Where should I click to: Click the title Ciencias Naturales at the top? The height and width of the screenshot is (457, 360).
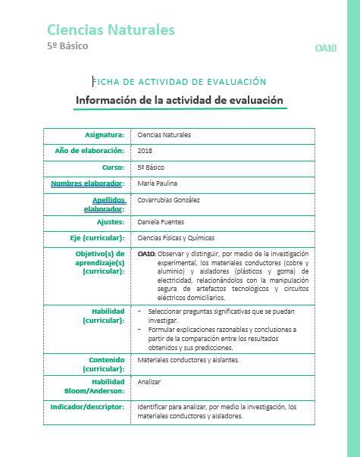tap(111, 30)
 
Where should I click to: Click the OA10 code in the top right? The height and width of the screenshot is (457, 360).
tap(325, 48)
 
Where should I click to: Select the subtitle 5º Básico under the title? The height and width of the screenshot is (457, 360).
tap(67, 45)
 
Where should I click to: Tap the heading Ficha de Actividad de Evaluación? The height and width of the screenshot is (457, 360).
tap(180, 81)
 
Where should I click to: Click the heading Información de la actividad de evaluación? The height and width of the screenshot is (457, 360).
tap(180, 100)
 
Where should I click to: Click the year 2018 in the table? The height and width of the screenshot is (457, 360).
tap(146, 151)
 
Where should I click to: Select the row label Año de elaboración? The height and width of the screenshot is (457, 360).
tap(89, 151)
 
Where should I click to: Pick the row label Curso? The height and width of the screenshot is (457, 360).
tap(113, 167)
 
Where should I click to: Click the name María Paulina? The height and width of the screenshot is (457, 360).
tap(157, 183)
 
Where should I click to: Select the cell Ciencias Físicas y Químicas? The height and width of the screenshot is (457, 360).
tap(176, 237)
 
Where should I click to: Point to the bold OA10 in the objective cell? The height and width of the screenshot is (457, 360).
tap(146, 253)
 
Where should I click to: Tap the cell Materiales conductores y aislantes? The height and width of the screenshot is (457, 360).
tap(188, 359)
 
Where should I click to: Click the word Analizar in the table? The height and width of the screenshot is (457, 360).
tap(149, 382)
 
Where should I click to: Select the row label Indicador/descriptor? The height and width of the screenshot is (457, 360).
tap(89, 406)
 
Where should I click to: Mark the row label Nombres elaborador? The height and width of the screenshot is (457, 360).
tap(86, 183)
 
